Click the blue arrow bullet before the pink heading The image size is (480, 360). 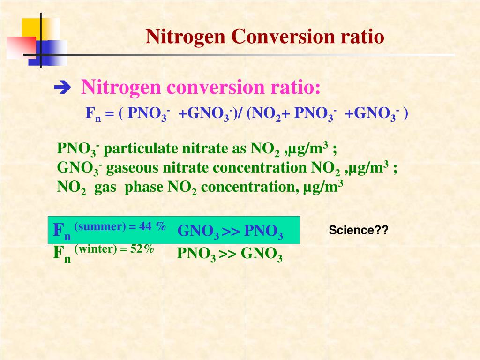pyautogui.click(x=61, y=87)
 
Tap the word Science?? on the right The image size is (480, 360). pyautogui.click(x=359, y=231)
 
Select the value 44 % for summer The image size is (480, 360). pyautogui.click(x=152, y=226)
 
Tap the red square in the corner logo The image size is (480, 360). pyautogui.click(x=21, y=47)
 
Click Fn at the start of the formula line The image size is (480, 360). pyautogui.click(x=93, y=114)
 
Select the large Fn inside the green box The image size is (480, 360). pyautogui.click(x=61, y=231)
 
